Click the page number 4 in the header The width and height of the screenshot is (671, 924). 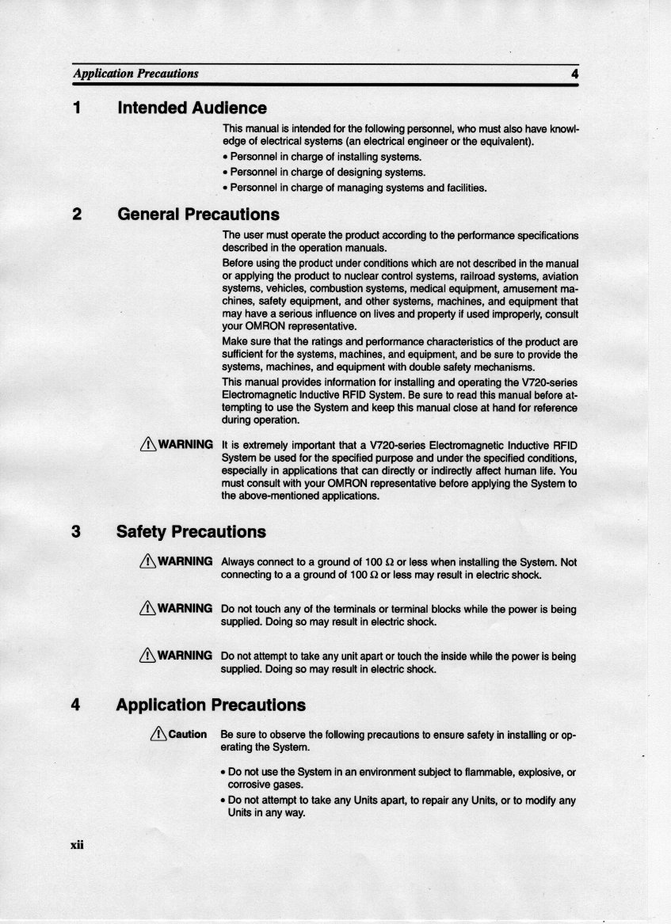(574, 74)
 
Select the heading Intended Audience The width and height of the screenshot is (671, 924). (192, 108)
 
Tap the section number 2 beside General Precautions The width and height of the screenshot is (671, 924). (77, 215)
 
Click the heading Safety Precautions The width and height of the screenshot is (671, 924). (191, 531)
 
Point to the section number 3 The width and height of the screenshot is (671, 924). (77, 531)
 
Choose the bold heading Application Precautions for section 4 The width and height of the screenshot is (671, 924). (210, 705)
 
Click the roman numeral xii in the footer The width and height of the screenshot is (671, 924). (76, 845)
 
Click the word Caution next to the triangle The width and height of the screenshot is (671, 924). (187, 734)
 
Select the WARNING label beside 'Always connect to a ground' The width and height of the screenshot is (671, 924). (185, 561)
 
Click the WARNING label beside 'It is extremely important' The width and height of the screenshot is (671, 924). (185, 443)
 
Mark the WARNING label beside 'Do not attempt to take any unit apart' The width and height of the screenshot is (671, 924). (185, 656)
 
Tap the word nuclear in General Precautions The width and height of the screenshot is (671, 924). (371, 276)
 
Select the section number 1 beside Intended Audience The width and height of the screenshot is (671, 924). (78, 108)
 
